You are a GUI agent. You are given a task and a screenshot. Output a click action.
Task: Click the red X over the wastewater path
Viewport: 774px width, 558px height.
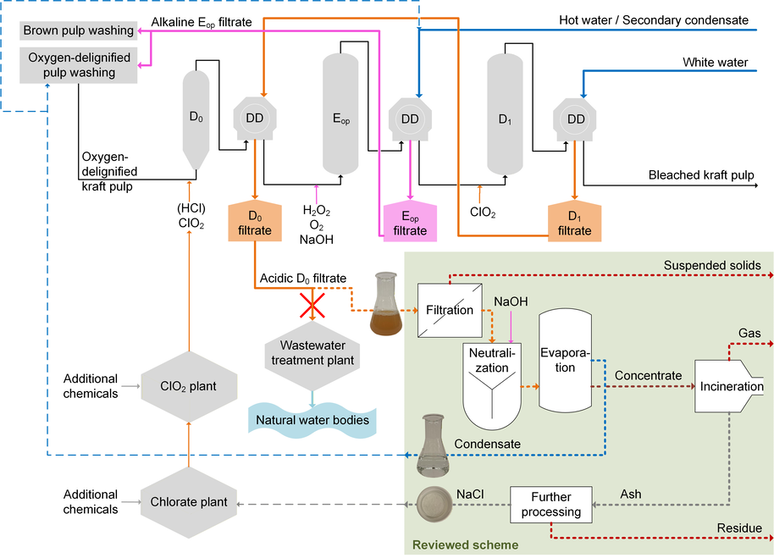(312, 306)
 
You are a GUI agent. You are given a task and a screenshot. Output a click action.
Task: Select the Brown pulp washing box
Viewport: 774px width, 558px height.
(79, 30)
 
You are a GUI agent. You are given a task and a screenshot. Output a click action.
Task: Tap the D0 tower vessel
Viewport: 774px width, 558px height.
(196, 120)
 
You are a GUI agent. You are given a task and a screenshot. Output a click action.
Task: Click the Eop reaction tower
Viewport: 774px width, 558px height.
(340, 114)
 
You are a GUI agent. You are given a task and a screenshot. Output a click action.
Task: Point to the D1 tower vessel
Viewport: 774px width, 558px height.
(505, 114)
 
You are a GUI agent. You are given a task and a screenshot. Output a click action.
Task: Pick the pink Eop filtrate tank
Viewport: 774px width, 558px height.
(410, 222)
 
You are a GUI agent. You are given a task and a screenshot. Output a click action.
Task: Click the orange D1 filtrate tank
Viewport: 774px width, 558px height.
(575, 222)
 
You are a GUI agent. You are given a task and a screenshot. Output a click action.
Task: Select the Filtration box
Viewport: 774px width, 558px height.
(450, 310)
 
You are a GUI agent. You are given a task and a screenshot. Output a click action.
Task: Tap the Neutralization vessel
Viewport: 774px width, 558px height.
(492, 386)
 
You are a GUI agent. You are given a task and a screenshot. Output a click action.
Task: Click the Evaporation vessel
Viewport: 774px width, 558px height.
(565, 361)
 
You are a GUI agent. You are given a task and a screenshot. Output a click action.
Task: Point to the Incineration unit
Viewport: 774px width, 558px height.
(729, 386)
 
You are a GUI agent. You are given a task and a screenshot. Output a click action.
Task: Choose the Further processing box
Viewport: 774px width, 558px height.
(551, 505)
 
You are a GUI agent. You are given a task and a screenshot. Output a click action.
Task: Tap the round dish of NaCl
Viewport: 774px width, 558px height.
(434, 504)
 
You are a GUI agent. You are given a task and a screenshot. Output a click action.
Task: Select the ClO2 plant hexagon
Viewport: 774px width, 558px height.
(189, 386)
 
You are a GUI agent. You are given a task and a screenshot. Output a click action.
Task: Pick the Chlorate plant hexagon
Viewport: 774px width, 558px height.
(189, 502)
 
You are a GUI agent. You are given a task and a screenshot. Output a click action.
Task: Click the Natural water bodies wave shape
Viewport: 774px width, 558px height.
(312, 420)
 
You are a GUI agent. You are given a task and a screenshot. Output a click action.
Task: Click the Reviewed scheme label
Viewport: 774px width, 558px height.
(466, 545)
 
